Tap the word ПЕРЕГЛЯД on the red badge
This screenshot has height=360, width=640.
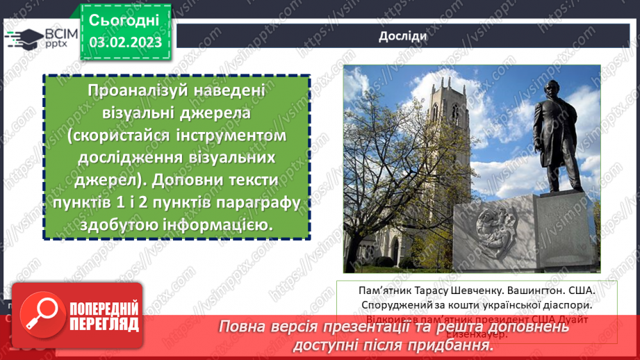(x=102, y=324)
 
